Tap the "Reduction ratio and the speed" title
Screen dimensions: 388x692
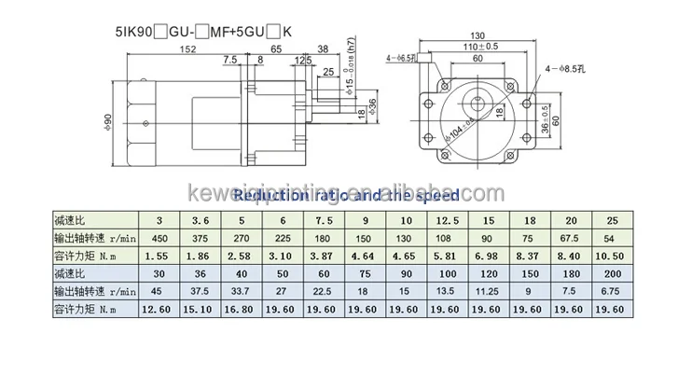[x=345, y=195]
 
